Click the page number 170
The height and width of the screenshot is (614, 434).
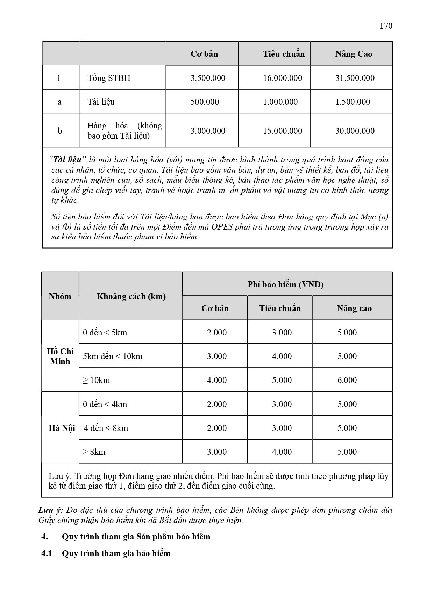pyautogui.click(x=386, y=26)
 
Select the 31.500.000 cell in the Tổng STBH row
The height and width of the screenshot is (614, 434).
pyautogui.click(x=355, y=78)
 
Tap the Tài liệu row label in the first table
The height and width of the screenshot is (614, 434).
pyautogui.click(x=101, y=102)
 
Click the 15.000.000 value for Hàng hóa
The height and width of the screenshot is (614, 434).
pyautogui.click(x=283, y=131)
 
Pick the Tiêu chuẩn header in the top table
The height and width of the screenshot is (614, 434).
pyautogui.click(x=284, y=54)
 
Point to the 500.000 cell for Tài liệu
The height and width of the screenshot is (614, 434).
pyautogui.click(x=205, y=102)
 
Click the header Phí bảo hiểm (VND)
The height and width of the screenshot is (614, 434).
pyautogui.click(x=285, y=284)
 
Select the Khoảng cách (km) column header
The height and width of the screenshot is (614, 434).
pyautogui.click(x=131, y=296)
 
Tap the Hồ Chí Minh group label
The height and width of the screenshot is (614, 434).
pyautogui.click(x=60, y=356)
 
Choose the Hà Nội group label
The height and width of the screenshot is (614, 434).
pyautogui.click(x=62, y=428)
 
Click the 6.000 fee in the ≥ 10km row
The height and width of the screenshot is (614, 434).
pyautogui.click(x=347, y=380)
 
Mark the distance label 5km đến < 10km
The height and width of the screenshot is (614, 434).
pyautogui.click(x=113, y=356)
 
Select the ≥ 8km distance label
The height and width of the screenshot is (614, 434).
pyautogui.click(x=94, y=452)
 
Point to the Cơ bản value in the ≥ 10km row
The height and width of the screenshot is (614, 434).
pyautogui.click(x=217, y=380)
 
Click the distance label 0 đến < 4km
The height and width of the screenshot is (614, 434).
pyautogui.click(x=105, y=404)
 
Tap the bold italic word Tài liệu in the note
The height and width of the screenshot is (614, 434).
pyautogui.click(x=67, y=160)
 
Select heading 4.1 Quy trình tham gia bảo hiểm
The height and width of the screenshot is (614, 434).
pyautogui.click(x=106, y=553)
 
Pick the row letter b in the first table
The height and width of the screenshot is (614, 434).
pyautogui.click(x=60, y=131)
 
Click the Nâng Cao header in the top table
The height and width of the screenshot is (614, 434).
pyautogui.click(x=354, y=54)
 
